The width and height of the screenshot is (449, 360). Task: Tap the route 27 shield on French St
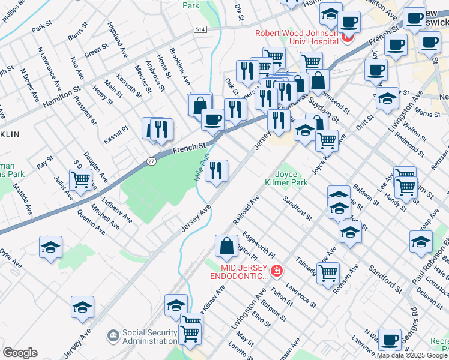(x=152, y=161)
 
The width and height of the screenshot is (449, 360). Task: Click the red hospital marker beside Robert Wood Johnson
(x=346, y=39)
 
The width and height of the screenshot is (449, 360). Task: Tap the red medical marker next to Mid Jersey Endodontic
(x=276, y=272)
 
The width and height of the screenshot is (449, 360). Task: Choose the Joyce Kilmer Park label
(x=286, y=177)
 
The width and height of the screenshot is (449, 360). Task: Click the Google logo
(x=20, y=352)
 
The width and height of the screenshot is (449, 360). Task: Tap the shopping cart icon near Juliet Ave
(x=80, y=178)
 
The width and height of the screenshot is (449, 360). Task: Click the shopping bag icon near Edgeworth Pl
(x=226, y=245)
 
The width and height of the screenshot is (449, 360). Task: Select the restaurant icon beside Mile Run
(x=216, y=170)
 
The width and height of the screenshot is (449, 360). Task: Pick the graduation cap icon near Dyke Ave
(x=50, y=247)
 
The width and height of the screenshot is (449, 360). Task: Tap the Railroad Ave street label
(x=246, y=209)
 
